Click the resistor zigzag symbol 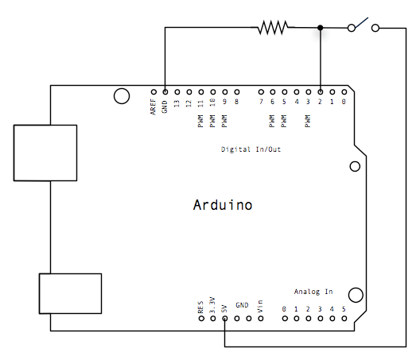(x=271, y=28)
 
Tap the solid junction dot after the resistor (x=320, y=28)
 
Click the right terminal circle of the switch (x=375, y=28)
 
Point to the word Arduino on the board (x=223, y=205)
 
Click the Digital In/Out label (x=251, y=149)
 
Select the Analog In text (x=313, y=292)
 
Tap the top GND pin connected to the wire (x=165, y=91)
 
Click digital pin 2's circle (x=320, y=91)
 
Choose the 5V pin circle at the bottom (x=225, y=319)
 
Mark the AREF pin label (x=153, y=107)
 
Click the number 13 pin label (x=177, y=103)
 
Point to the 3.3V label (x=212, y=304)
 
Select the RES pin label (x=200, y=306)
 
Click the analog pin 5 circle (x=343, y=319)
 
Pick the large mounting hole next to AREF (x=122, y=96)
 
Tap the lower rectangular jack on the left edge (x=71, y=294)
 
